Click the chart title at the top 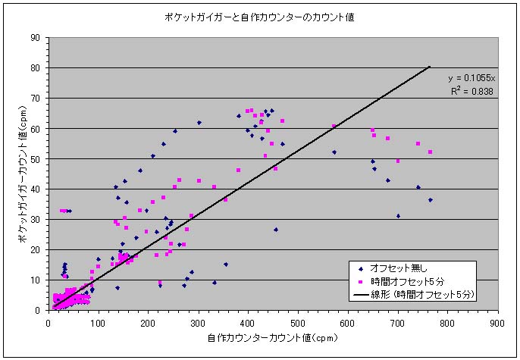(x=260, y=17)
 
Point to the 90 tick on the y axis (x=35, y=37)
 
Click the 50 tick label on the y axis (x=35, y=158)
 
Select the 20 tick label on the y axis (x=35, y=249)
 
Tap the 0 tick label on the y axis (x=37, y=310)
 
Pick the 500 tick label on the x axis (x=299, y=321)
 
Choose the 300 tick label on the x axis (x=199, y=321)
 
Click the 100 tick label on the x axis (x=99, y=321)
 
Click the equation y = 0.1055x (x=471, y=78)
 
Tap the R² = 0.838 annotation (x=471, y=91)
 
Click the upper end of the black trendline (x=430, y=67)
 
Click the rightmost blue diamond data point (x=430, y=200)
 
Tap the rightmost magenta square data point (x=430, y=152)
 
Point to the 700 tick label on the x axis (x=398, y=321)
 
